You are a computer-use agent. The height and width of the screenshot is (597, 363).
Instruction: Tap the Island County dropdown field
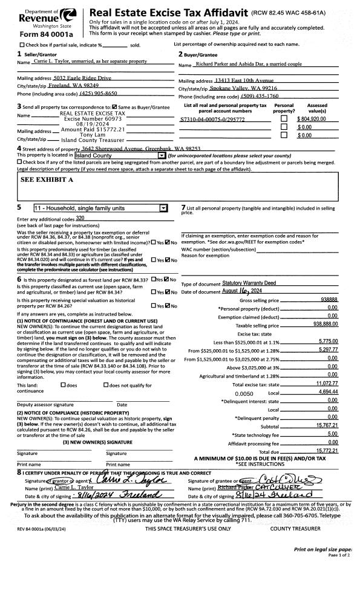click(x=124, y=156)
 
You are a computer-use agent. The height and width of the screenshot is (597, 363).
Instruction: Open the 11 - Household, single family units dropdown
click(x=100, y=208)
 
